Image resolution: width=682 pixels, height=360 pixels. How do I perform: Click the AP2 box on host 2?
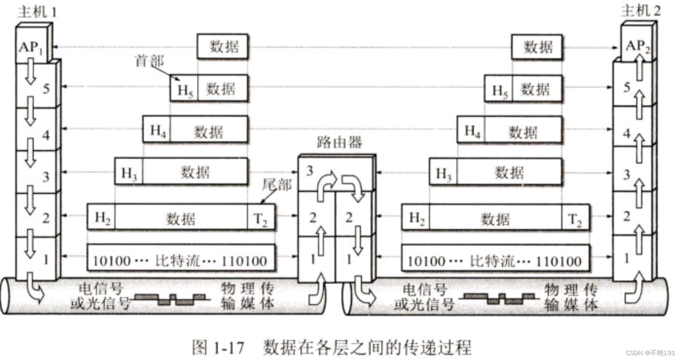click(637, 45)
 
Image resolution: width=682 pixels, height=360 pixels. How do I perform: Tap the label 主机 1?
click(37, 11)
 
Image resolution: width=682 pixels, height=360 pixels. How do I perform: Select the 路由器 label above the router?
click(339, 142)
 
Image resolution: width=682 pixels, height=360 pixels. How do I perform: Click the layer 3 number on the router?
click(309, 171)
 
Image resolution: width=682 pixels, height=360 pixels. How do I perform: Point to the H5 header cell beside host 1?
click(184, 90)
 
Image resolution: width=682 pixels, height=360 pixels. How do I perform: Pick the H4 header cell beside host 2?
click(471, 131)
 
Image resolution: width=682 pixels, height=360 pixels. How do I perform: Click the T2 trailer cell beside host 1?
click(261, 218)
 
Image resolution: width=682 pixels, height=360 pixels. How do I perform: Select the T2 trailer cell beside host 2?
click(575, 218)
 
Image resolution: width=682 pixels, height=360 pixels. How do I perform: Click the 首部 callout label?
click(149, 61)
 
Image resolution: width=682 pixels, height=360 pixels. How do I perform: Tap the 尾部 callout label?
click(276, 184)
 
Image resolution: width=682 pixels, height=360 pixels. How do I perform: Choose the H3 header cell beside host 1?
click(129, 172)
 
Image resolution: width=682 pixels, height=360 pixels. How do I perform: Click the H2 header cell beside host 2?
click(416, 218)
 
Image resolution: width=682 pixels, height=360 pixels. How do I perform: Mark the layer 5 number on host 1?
click(46, 89)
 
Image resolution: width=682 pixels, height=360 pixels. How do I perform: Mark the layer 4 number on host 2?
click(626, 133)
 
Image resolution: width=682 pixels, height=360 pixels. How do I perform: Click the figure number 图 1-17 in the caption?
click(218, 347)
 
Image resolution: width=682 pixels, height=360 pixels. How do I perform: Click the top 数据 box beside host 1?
click(223, 47)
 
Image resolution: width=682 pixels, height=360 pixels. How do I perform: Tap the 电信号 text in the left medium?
click(101, 289)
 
